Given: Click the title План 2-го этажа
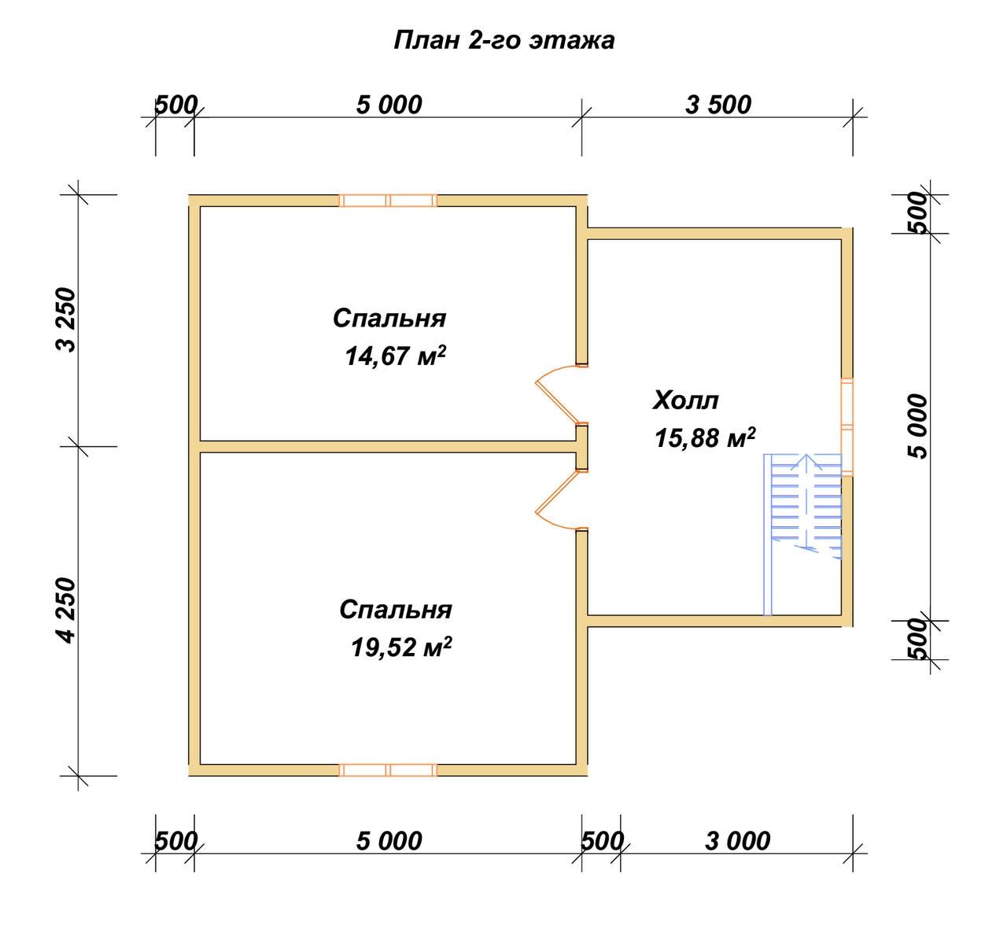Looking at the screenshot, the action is (x=504, y=41).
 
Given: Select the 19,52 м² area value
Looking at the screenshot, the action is (x=401, y=647).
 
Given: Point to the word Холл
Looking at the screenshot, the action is (x=685, y=400).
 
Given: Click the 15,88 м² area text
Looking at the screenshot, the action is (x=705, y=437).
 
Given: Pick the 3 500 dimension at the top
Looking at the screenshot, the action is (x=718, y=105).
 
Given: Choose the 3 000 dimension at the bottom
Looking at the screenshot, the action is (x=737, y=841).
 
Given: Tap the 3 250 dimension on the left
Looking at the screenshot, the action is (x=65, y=319).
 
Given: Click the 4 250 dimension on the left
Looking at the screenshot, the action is (x=65, y=611).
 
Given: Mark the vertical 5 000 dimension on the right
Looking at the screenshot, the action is (x=917, y=426).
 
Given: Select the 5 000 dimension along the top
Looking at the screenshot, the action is (x=389, y=105).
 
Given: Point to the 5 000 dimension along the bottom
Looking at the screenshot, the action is (x=389, y=841).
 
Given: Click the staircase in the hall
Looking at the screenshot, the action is (x=802, y=534).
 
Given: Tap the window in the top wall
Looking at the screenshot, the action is (x=388, y=201).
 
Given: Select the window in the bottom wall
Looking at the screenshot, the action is (x=388, y=770).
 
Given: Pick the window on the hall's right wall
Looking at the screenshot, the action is (x=847, y=426).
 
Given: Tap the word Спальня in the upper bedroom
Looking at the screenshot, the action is (x=389, y=319).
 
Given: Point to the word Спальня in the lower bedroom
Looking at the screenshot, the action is (x=396, y=609).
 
